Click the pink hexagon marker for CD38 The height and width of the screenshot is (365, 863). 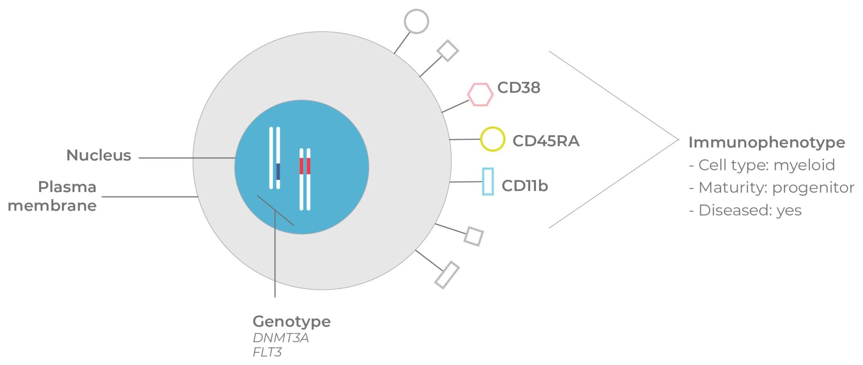click(480, 94)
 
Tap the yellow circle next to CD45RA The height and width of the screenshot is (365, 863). click(492, 139)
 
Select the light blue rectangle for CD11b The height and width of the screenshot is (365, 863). click(488, 181)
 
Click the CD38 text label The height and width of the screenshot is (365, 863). click(518, 88)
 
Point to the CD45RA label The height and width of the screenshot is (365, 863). click(546, 141)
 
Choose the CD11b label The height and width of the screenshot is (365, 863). click(525, 186)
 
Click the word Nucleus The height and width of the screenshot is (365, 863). click(99, 155)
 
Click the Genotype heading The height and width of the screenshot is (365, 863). click(292, 322)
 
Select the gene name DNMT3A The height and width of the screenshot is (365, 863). click(281, 338)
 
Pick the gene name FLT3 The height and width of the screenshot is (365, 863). click(267, 352)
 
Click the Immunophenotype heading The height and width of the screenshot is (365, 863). click(767, 142)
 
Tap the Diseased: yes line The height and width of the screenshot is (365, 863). click(745, 210)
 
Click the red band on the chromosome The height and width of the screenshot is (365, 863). click(305, 166)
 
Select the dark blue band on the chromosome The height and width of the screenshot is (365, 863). click(278, 171)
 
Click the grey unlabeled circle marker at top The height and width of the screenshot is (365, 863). click(416, 21)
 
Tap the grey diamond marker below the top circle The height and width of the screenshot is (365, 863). click(448, 51)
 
